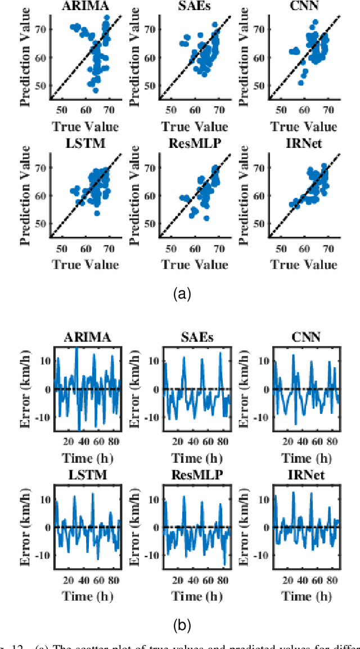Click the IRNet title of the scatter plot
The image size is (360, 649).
304,143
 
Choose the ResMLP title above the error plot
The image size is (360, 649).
194,475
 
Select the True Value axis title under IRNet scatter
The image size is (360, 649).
304,264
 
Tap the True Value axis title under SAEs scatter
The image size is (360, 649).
194,127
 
